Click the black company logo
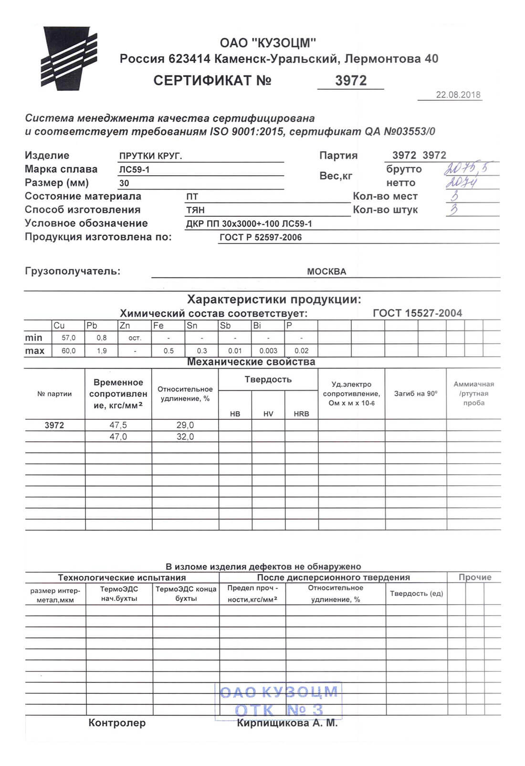click(x=69, y=58)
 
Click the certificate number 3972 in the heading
click(x=351, y=81)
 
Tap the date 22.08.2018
click(x=458, y=95)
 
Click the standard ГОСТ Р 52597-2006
click(x=261, y=237)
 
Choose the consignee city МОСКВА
click(x=326, y=272)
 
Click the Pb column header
click(x=92, y=326)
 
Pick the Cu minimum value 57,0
click(x=69, y=338)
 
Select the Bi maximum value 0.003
click(x=268, y=351)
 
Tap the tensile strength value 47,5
click(x=118, y=425)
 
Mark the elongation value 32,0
click(x=185, y=436)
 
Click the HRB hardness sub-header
click(x=301, y=414)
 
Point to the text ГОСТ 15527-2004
click(x=417, y=313)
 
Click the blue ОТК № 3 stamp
click(x=279, y=701)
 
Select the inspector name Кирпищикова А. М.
click(x=287, y=723)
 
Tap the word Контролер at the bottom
click(x=117, y=723)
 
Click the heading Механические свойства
click(x=251, y=362)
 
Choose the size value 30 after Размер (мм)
click(x=124, y=183)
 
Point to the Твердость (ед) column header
click(x=416, y=594)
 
